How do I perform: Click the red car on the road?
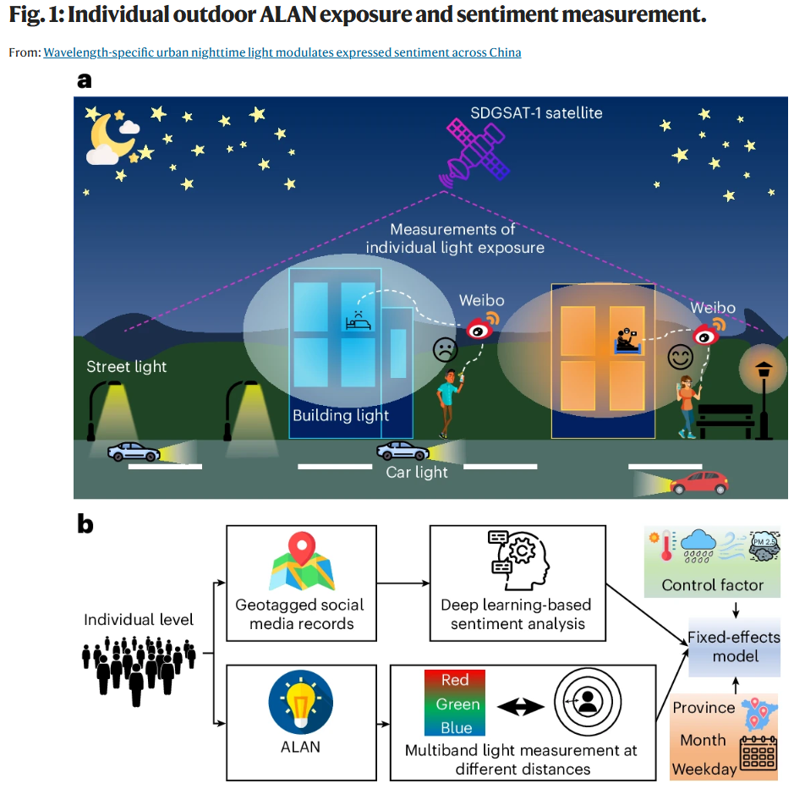(x=698, y=483)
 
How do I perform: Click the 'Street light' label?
(x=127, y=366)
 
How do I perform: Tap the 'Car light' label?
(x=417, y=473)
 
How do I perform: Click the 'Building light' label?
(x=341, y=415)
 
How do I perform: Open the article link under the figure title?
(x=282, y=52)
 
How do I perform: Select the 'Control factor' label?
(x=712, y=585)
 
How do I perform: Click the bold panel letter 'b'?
(x=85, y=524)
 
